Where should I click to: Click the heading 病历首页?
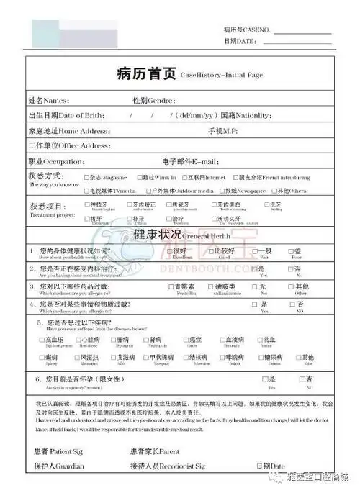pyautogui.click(x=146, y=74)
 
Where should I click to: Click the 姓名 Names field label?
pyautogui.click(x=48, y=100)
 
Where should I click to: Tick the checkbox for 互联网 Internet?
pyautogui.click(x=184, y=177)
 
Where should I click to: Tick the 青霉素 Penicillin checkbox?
pyautogui.click(x=172, y=286)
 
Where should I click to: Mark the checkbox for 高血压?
pyautogui.click(x=42, y=339)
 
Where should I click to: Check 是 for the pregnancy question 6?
pyautogui.click(x=264, y=379)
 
